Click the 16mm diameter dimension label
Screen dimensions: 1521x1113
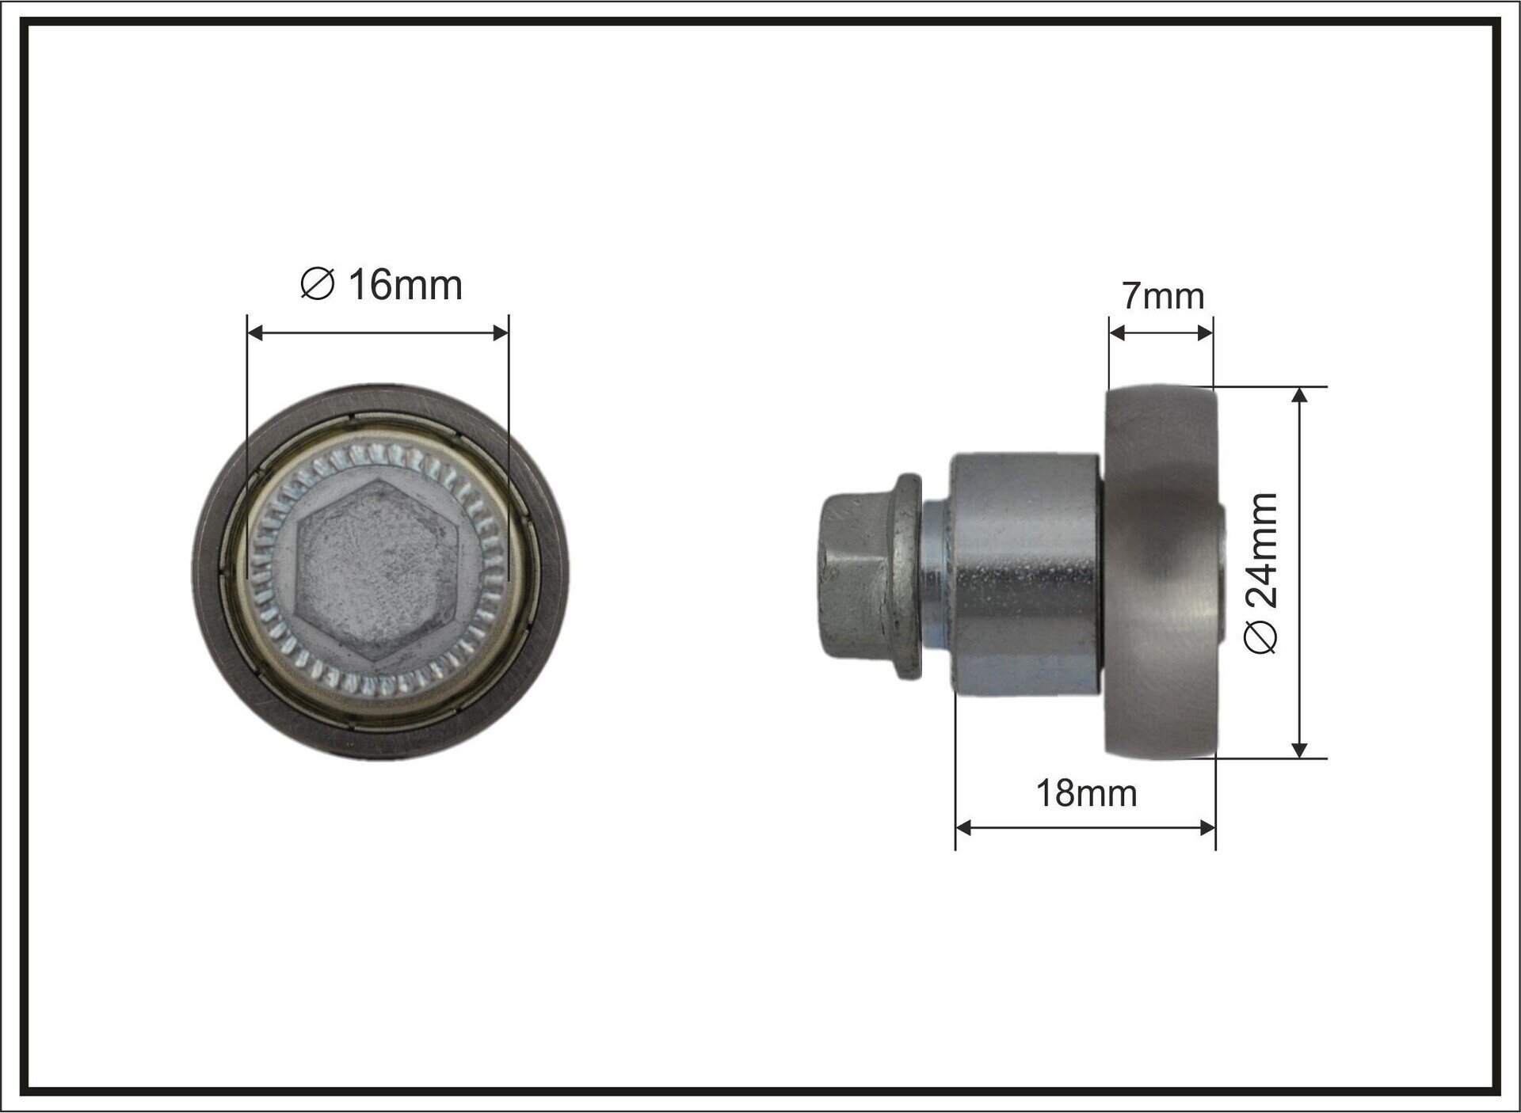(382, 285)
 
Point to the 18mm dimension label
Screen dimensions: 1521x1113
(1086, 793)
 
